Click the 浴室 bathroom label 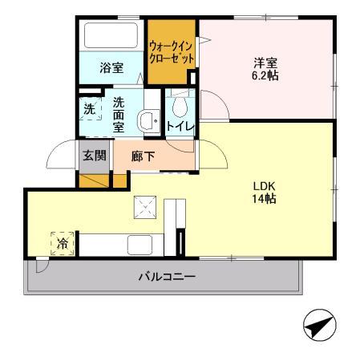tap(111, 68)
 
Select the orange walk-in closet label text tap(172, 52)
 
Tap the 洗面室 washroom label tap(118, 113)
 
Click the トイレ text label tap(178, 126)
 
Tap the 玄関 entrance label tap(94, 156)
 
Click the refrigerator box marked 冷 tap(63, 241)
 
